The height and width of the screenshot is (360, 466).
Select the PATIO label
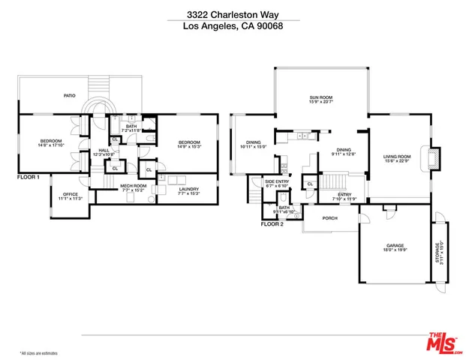(x=69, y=96)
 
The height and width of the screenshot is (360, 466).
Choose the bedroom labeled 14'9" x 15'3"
(x=188, y=144)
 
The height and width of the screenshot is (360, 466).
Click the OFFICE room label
(x=69, y=196)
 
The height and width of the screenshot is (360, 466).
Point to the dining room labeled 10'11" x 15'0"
(x=254, y=145)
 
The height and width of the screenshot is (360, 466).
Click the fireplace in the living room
(x=433, y=158)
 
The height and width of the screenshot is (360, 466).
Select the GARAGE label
(x=395, y=246)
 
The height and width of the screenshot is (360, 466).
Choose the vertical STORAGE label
(x=440, y=253)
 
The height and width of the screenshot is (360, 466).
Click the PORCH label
(x=329, y=219)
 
